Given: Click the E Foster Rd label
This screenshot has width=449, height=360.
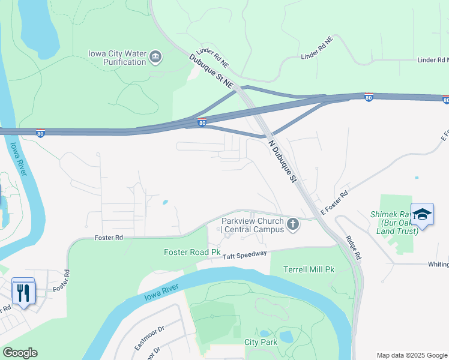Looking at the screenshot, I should click(x=334, y=203).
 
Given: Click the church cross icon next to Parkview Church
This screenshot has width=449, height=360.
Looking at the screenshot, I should click(x=293, y=224).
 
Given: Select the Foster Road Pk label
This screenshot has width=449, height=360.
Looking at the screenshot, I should click(x=192, y=252).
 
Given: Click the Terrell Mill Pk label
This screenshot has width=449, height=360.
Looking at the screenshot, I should click(x=309, y=269).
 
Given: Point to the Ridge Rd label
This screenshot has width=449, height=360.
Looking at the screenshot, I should click(x=354, y=247).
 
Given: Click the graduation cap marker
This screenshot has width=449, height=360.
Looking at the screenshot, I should click(x=423, y=214).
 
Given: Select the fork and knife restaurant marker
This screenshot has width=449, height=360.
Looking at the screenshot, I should click(x=23, y=293).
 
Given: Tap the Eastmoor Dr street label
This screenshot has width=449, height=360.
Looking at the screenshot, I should click(x=149, y=338).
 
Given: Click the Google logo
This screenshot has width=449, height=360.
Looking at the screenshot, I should click(x=20, y=353).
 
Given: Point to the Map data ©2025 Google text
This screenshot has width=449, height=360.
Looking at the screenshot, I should click(x=411, y=355).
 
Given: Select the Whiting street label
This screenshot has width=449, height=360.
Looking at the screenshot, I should click(x=438, y=265).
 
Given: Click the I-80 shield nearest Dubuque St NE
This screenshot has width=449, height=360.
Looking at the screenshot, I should click(x=202, y=122).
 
